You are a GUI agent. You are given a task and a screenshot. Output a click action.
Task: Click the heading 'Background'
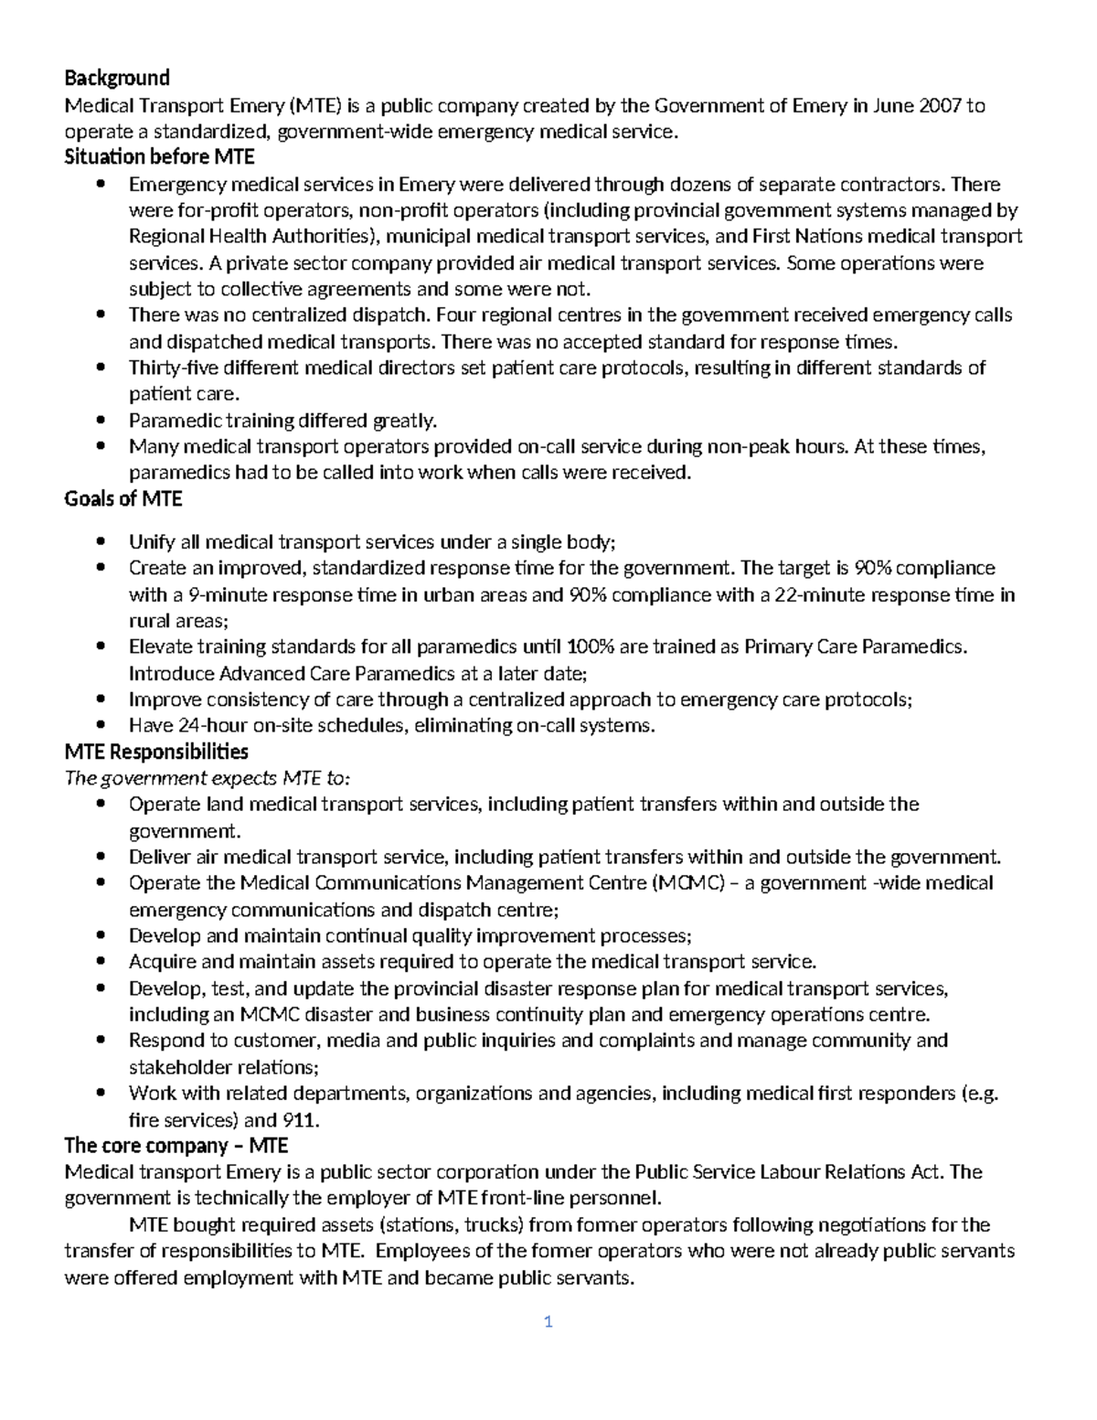click(x=117, y=77)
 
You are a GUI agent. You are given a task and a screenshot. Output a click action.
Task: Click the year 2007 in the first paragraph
click(x=942, y=105)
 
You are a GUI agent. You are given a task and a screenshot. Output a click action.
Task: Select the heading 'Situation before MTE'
click(x=159, y=157)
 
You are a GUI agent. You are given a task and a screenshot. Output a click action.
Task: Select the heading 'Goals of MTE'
click(x=123, y=499)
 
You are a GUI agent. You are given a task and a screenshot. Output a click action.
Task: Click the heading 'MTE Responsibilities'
click(x=156, y=752)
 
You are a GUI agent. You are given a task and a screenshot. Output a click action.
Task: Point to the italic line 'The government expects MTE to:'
click(x=208, y=778)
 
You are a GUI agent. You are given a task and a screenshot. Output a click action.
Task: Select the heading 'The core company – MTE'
click(x=176, y=1146)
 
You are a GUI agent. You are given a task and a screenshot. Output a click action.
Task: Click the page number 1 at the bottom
click(x=548, y=1322)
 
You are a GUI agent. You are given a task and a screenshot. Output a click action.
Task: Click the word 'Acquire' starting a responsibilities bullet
click(x=162, y=962)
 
